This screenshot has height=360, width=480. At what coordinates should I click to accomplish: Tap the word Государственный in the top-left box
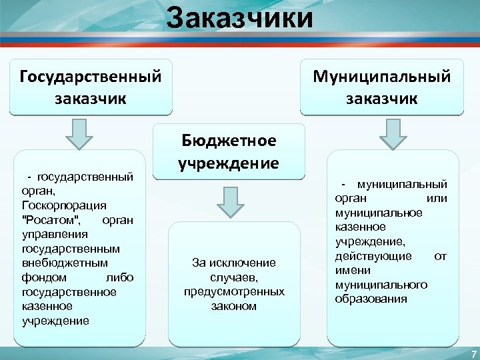(91, 77)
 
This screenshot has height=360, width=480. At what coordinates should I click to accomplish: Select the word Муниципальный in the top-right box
(382, 77)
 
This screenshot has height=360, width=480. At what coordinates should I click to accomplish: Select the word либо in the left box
(120, 277)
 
